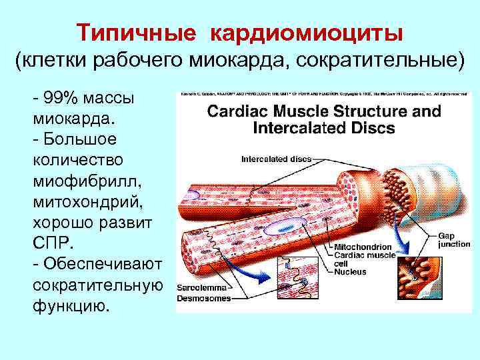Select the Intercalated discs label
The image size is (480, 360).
276,159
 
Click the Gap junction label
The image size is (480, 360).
453,239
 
